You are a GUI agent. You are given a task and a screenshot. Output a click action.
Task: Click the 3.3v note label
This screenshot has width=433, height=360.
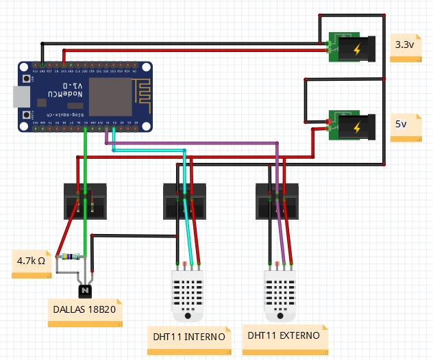point(405,46)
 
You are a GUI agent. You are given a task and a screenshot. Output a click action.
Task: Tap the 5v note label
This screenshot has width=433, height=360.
point(405,126)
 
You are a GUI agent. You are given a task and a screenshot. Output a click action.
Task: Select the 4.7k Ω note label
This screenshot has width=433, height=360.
point(32,261)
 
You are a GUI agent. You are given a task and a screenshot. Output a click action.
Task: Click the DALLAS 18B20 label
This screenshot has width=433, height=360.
point(84,309)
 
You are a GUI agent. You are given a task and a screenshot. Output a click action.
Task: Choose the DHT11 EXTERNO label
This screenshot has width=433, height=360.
point(284,336)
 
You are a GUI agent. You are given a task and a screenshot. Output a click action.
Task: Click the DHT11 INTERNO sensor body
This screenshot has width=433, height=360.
point(188,294)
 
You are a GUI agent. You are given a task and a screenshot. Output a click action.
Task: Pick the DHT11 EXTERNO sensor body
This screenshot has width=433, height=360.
point(281,294)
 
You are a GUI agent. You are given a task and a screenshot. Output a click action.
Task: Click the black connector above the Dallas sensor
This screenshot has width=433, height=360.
point(85,200)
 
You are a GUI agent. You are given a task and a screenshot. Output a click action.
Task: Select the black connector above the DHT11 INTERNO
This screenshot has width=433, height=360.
point(185,200)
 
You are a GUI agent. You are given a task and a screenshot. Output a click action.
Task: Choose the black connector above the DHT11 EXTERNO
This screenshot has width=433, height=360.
point(277,200)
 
